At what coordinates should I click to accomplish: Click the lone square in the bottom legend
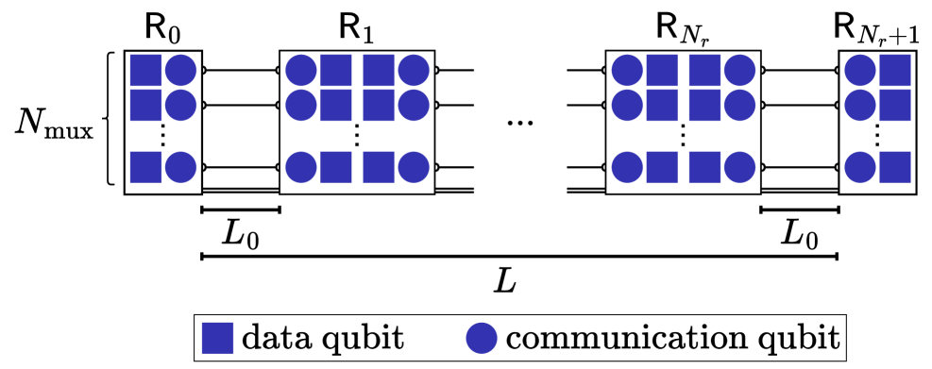pos(217,338)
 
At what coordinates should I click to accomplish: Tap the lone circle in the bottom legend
pos(482,338)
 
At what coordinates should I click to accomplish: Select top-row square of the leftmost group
pos(145,71)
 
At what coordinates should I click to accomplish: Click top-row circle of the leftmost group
pos(180,71)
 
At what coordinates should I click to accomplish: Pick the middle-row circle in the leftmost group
pos(180,105)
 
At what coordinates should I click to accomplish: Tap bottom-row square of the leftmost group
pos(145,167)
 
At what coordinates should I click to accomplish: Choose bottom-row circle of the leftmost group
pos(180,167)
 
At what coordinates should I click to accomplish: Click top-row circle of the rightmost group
pos(860,71)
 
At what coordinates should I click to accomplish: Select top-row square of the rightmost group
pos(895,71)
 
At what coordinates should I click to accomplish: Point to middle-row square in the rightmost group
pos(895,105)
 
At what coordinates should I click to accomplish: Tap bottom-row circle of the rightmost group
pos(860,167)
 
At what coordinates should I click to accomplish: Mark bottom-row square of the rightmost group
pos(895,167)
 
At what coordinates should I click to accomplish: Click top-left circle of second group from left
pos(301,71)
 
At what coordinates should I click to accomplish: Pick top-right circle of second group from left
pos(414,71)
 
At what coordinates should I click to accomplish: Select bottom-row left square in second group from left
pos(336,167)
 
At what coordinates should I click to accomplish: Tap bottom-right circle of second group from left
pos(414,167)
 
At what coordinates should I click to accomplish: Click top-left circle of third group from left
pos(627,71)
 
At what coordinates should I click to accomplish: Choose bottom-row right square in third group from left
pos(704,167)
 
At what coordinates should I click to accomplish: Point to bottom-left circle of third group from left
pos(627,167)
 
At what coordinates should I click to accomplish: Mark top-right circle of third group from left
pos(739,71)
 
